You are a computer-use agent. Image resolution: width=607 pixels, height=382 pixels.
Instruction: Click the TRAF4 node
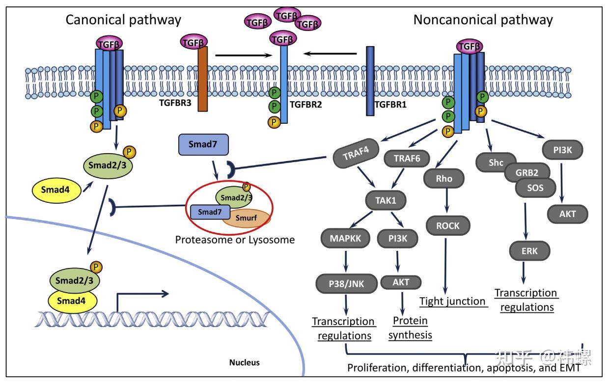click(356, 153)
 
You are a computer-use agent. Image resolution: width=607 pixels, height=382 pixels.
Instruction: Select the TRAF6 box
click(407, 159)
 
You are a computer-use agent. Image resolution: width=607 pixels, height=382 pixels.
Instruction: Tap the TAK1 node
click(386, 200)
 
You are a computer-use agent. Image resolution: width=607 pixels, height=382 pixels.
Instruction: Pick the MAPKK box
click(345, 239)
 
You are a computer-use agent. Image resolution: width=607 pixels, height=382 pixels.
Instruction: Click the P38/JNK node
click(346, 284)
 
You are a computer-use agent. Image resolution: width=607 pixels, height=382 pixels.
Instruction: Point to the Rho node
click(444, 179)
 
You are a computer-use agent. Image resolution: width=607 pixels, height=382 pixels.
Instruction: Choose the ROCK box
click(448, 226)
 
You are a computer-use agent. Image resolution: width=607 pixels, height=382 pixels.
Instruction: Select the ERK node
click(529, 251)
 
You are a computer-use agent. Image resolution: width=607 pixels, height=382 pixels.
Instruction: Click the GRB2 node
click(527, 172)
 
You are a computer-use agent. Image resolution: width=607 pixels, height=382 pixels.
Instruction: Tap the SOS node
click(535, 188)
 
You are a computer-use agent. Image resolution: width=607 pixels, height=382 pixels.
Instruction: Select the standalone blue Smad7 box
click(203, 144)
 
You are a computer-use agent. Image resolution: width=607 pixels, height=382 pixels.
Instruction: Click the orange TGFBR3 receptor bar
click(202, 79)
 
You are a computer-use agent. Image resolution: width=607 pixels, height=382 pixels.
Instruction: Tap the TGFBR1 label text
click(390, 105)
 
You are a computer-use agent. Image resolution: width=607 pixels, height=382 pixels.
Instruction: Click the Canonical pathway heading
click(123, 20)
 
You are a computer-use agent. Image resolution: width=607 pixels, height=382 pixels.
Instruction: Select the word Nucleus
click(245, 362)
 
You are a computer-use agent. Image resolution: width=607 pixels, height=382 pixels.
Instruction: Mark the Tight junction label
click(452, 301)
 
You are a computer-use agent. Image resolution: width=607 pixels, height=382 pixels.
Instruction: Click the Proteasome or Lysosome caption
click(235, 240)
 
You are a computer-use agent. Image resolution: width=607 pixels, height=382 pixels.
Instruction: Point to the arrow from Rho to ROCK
click(446, 200)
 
